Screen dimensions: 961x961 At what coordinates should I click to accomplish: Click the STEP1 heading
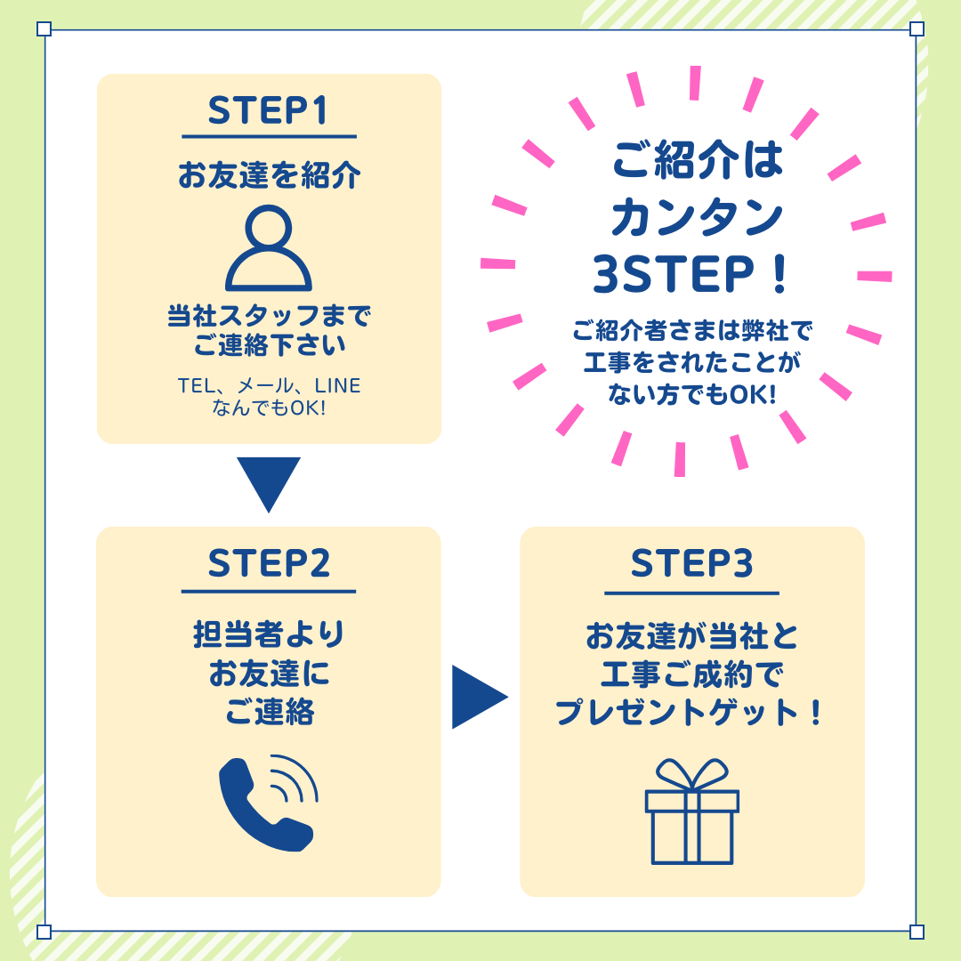[268, 110]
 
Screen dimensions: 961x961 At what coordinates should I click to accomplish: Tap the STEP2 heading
[269, 563]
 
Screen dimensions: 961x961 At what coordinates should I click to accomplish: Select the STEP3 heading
[692, 563]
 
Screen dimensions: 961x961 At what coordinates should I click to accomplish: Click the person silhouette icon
[269, 248]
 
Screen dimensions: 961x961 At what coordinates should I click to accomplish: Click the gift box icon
[692, 812]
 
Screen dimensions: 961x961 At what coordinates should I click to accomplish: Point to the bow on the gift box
[692, 774]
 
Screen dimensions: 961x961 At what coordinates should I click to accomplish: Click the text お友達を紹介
[269, 175]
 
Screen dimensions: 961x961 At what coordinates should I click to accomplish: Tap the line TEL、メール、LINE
[269, 385]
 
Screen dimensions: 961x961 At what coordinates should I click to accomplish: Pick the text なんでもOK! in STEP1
[269, 408]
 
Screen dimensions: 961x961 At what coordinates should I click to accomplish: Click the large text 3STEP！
[690, 273]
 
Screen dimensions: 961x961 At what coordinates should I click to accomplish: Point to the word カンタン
[697, 218]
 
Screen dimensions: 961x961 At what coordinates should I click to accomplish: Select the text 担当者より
[269, 634]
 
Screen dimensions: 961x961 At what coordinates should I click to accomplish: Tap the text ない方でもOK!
[692, 394]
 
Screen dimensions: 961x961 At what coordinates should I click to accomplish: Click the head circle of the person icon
[269, 225]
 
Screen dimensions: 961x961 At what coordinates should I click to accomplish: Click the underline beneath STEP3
[692, 594]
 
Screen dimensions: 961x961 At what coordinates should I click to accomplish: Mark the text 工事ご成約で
[692, 674]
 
